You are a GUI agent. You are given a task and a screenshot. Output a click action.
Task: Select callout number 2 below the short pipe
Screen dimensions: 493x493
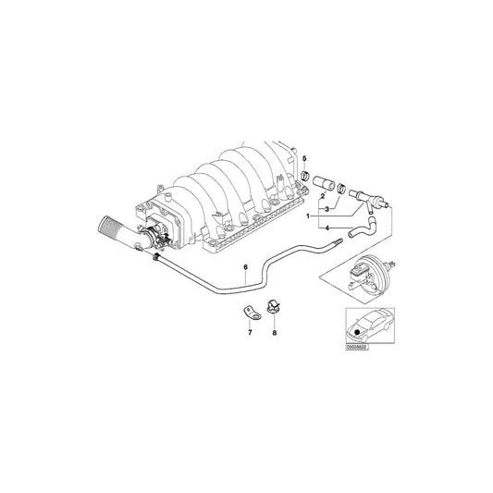[322, 197]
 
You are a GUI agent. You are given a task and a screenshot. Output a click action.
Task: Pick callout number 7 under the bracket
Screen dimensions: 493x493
[249, 331]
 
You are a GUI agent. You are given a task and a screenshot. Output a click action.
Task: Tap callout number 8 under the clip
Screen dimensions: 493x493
[276, 331]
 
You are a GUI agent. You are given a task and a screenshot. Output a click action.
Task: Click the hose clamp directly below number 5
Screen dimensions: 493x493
[305, 178]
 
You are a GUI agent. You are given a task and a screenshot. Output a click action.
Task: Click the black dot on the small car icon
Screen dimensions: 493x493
[354, 328]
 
